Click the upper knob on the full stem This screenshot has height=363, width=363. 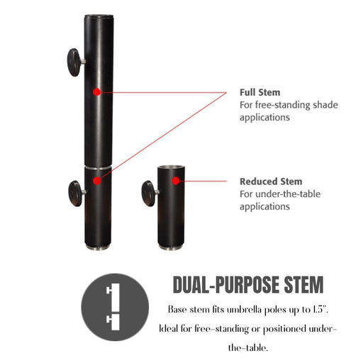coord(75,62)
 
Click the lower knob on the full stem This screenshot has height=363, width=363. coord(77,194)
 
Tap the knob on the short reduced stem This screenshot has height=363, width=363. coord(150,194)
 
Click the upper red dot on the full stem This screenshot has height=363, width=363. coord(96,92)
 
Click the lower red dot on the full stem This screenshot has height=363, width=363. coord(96,181)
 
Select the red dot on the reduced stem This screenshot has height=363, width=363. coord(175,181)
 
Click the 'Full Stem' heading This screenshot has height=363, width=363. coord(260,92)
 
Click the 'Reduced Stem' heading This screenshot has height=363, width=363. coord(271,181)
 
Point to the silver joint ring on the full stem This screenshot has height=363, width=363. coord(98,168)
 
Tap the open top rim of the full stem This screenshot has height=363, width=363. coord(99,16)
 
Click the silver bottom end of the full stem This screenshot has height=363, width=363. coord(98,247)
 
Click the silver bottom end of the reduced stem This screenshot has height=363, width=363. coord(171,247)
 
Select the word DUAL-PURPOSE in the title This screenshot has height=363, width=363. coord(226,284)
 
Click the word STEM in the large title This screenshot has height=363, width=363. coord(303,284)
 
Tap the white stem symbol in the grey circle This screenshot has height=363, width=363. coord(113,307)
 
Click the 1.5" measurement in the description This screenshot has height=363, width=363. coord(320,309)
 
